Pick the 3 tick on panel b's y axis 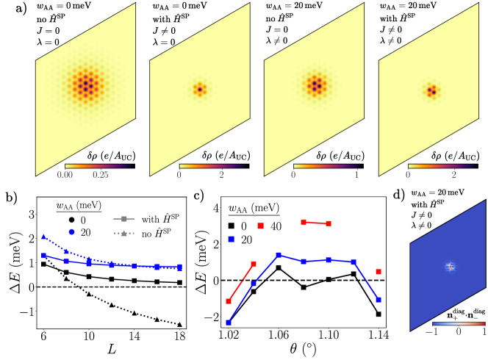[x=33, y=215]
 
